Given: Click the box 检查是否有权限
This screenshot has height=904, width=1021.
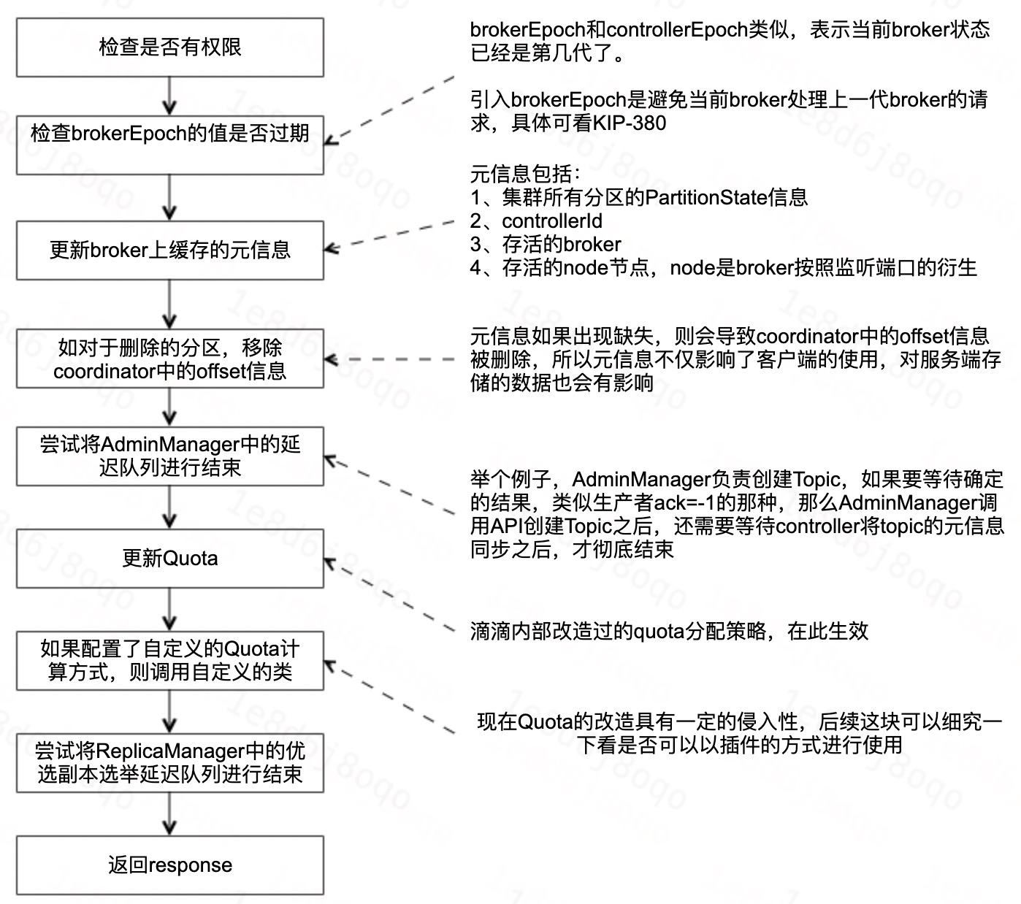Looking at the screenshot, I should pyautogui.click(x=169, y=47).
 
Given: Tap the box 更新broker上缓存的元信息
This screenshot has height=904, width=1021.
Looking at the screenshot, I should pyautogui.click(x=169, y=250).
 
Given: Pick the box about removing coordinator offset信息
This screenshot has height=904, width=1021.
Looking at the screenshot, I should pyautogui.click(x=169, y=359).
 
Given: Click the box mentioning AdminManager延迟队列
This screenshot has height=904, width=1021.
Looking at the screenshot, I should pyautogui.click(x=169, y=456).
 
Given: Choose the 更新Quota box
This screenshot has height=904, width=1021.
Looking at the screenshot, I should pyautogui.click(x=169, y=559).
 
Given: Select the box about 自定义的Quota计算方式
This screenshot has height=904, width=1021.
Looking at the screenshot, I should pyautogui.click(x=169, y=661).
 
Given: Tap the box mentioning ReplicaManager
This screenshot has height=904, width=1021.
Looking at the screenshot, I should pyautogui.click(x=169, y=763).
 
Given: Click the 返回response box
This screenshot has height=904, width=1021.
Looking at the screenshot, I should pyautogui.click(x=169, y=865).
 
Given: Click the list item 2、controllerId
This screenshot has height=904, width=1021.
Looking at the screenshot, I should pyautogui.click(x=536, y=221).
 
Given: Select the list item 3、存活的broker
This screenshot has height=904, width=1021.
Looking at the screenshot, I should pyautogui.click(x=546, y=244).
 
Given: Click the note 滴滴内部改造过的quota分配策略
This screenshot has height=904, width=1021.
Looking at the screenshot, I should pyautogui.click(x=669, y=631).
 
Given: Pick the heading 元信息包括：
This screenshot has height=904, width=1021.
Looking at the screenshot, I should pyautogui.click(x=526, y=174).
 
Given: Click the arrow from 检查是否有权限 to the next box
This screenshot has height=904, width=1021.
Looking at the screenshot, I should pyautogui.click(x=169, y=96).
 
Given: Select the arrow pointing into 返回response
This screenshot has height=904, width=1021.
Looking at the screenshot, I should pyautogui.click(x=169, y=814).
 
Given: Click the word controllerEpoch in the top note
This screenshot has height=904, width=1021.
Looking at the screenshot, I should pyautogui.click(x=676, y=29).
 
